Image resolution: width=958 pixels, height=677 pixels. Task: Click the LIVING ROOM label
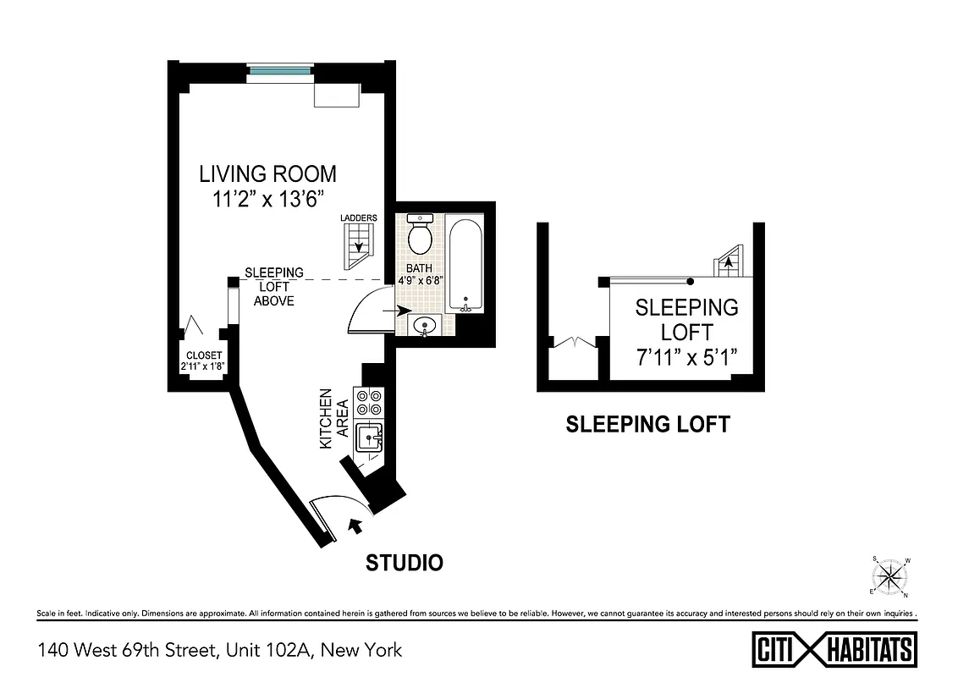point(267,174)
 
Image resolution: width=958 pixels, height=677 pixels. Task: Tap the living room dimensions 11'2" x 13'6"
point(267,201)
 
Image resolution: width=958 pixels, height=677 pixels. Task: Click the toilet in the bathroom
point(421,234)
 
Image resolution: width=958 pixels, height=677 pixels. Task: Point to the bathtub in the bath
point(465,266)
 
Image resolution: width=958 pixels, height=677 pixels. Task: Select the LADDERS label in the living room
point(359,218)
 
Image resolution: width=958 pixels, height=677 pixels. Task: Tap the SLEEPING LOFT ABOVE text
point(274,286)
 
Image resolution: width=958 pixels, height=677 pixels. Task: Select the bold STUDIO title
point(404,563)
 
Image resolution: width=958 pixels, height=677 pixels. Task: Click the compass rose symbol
point(889,578)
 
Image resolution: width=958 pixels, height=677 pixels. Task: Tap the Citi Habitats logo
point(834,650)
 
